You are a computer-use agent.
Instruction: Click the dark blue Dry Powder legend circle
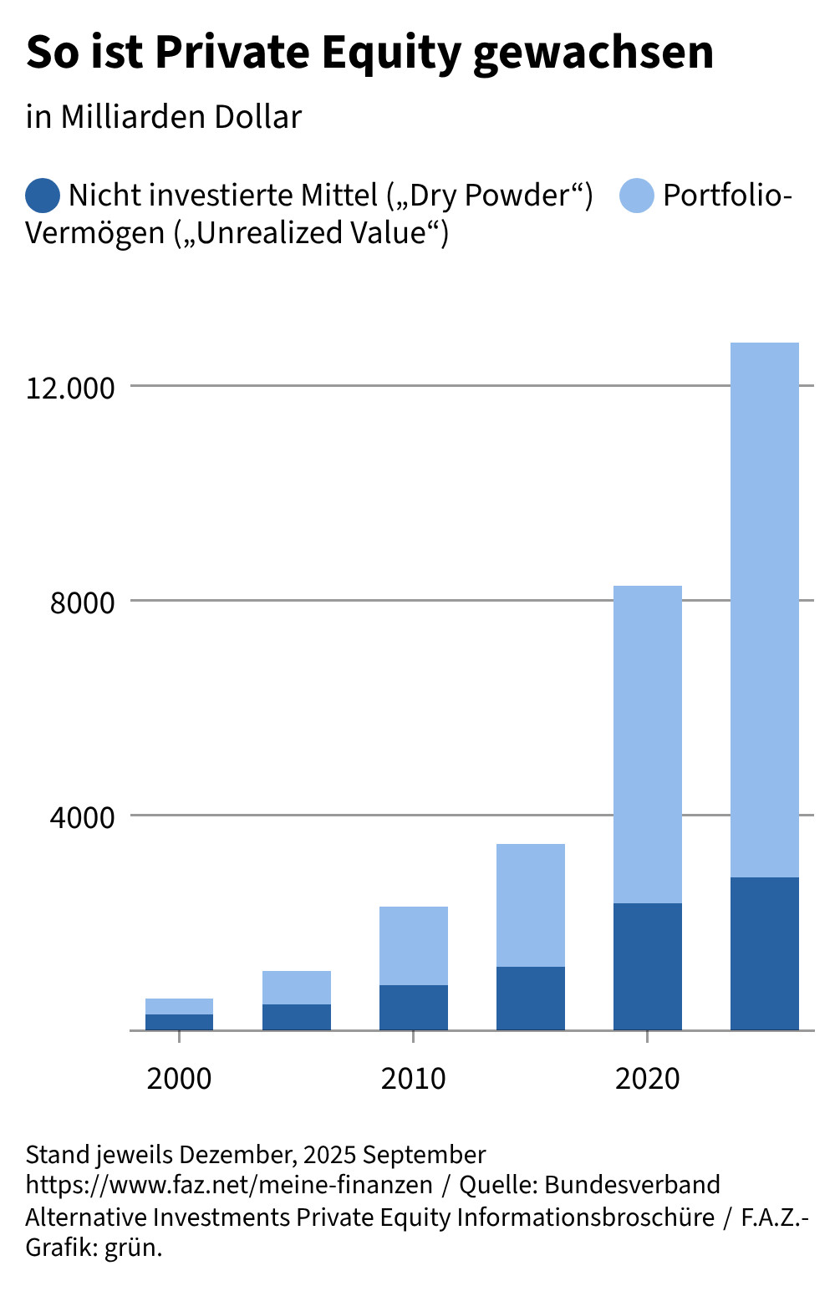click(43, 196)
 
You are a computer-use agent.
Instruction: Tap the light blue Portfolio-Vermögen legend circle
click(637, 196)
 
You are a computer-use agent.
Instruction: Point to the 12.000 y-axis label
click(70, 389)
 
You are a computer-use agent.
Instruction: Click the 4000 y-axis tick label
click(83, 818)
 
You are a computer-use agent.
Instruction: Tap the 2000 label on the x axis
click(180, 1079)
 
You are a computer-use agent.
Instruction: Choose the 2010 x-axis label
click(414, 1079)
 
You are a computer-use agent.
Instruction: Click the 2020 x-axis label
click(648, 1079)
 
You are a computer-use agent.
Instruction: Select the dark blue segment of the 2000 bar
click(180, 1022)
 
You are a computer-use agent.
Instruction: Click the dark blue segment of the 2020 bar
click(648, 967)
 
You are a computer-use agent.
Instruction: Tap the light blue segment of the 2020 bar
click(648, 745)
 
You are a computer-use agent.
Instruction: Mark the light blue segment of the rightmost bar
click(765, 610)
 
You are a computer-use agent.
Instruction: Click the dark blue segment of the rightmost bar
click(765, 954)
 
